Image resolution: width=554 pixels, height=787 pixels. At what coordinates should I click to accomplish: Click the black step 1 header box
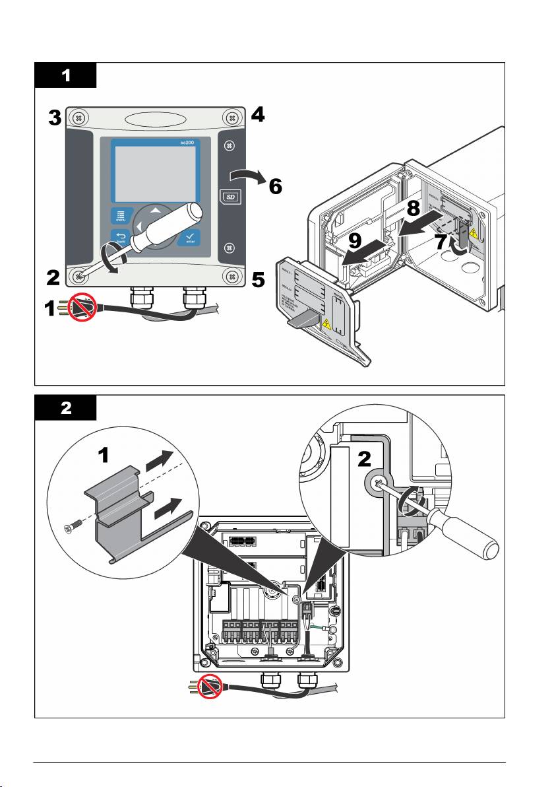(65, 76)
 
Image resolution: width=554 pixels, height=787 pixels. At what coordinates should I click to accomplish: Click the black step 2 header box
(65, 408)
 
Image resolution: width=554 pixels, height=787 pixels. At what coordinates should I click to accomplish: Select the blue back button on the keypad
(119, 238)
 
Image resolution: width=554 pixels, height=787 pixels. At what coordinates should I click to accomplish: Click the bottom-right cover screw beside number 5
(231, 276)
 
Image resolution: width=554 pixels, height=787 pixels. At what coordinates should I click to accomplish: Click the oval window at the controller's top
(156, 121)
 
